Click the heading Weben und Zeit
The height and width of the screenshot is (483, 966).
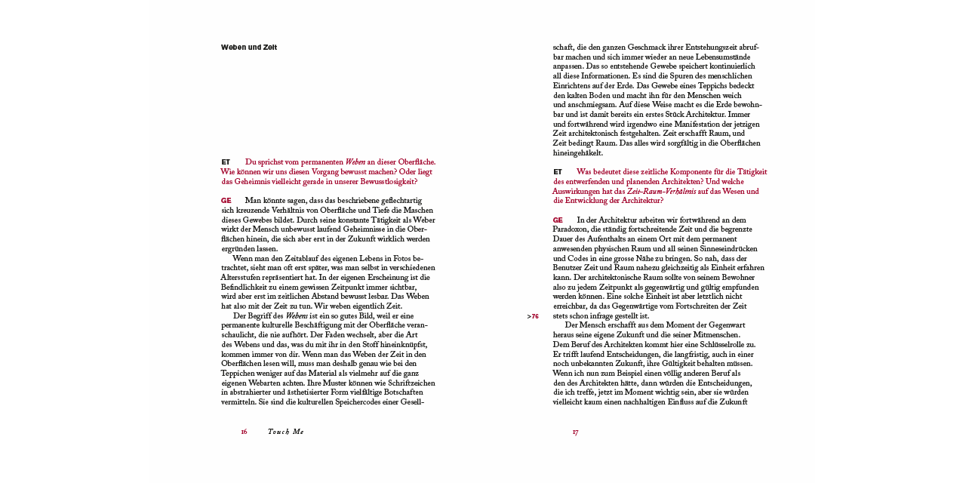[x=249, y=48]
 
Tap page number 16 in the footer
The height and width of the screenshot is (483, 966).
[x=244, y=432]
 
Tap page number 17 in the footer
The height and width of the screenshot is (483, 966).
[x=575, y=432]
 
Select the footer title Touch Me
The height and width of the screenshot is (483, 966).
[x=285, y=432]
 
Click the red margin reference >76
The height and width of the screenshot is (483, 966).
[x=533, y=316]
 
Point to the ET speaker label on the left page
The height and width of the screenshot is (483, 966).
[x=226, y=162]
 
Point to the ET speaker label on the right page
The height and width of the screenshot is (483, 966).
[x=558, y=172]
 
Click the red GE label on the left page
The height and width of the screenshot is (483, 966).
[x=226, y=201]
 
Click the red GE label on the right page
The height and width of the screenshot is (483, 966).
[x=558, y=220]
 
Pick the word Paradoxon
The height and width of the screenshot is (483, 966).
[x=571, y=229]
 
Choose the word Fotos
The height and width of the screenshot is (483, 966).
[x=393, y=258]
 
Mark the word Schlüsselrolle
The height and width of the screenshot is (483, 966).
[x=710, y=345]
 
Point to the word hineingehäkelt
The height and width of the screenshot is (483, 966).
[x=578, y=153]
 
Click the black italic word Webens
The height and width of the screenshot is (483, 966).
[x=297, y=316]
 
